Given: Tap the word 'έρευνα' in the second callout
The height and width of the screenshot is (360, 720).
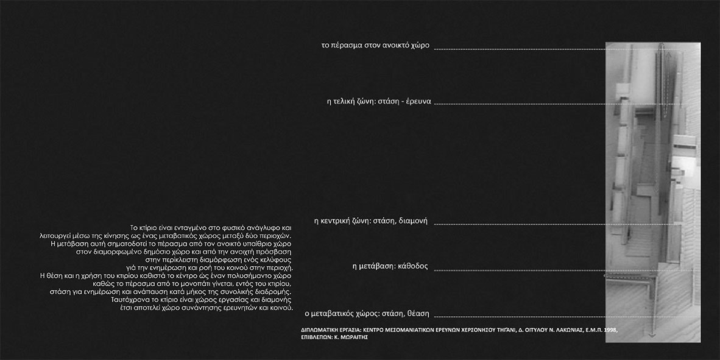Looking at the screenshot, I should pos(414,102).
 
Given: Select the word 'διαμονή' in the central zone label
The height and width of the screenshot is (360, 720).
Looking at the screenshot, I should pos(413,221).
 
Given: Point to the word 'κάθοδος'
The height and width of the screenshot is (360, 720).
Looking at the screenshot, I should pos(414,266).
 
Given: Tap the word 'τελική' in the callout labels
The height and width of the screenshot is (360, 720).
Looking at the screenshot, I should pos(350,102).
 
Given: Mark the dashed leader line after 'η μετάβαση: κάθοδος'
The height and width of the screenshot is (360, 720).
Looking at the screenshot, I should pos(518,270).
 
